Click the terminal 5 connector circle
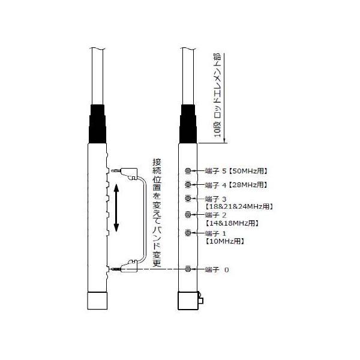(188, 171)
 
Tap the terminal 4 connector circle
(188, 184)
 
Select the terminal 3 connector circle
(188, 198)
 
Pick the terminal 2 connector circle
(188, 214)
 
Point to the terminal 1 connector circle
(188, 233)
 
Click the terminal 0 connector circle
(188, 269)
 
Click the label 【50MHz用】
(248, 171)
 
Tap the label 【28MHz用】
(248, 185)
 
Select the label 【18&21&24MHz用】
(239, 206)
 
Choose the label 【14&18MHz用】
(232, 223)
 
